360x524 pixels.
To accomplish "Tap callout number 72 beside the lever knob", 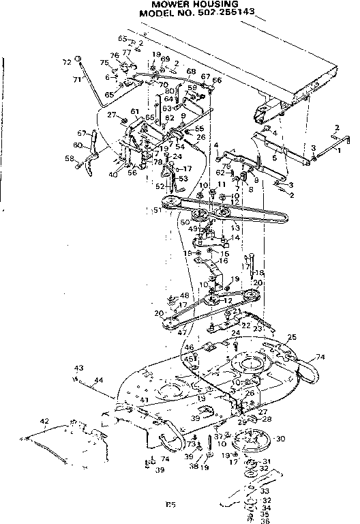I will (x=67, y=61).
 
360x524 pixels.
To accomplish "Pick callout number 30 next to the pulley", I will (x=280, y=439).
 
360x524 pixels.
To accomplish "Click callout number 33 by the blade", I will (x=265, y=491).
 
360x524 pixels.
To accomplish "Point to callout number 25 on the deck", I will (x=292, y=338).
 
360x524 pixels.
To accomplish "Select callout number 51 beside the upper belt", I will (x=158, y=210).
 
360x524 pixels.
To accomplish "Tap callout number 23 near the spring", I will (x=258, y=328).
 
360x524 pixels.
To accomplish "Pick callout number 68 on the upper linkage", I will (x=190, y=71).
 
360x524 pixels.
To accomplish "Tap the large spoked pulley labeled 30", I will (x=248, y=441).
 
